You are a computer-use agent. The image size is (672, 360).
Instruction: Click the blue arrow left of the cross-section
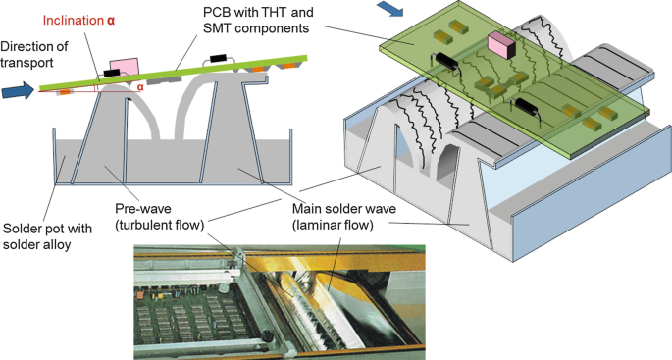[18, 91]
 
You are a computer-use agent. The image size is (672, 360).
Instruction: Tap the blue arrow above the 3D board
[389, 9]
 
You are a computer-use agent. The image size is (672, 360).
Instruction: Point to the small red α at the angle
[140, 87]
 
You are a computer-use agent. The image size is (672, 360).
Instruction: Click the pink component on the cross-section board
[125, 69]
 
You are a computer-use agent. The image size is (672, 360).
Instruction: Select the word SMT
[217, 28]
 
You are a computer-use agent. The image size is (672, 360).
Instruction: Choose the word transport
[26, 63]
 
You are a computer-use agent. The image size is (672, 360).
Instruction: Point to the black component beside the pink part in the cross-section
[112, 73]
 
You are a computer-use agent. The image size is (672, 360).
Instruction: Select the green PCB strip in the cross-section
[173, 73]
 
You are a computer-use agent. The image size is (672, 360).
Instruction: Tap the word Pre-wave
[143, 209]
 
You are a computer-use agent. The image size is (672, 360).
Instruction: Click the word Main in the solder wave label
[306, 209]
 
